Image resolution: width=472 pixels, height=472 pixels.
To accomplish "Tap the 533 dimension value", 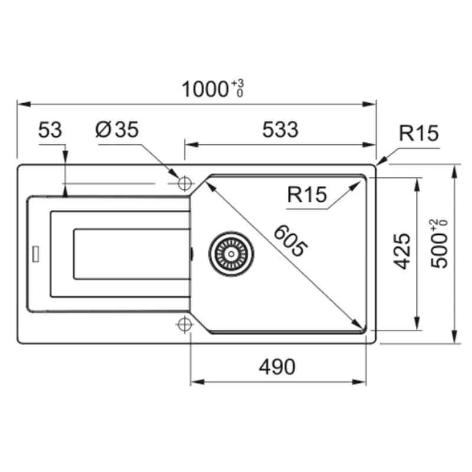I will [280, 130].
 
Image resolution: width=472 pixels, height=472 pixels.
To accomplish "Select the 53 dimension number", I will [50, 130].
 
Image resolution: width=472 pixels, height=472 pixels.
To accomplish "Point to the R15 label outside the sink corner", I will [418, 134].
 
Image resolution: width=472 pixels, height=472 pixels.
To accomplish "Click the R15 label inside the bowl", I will [307, 194].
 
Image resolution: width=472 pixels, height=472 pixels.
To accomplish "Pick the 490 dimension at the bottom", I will [277, 367].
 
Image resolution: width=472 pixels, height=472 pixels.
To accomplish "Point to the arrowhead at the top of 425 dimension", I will [418, 179].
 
